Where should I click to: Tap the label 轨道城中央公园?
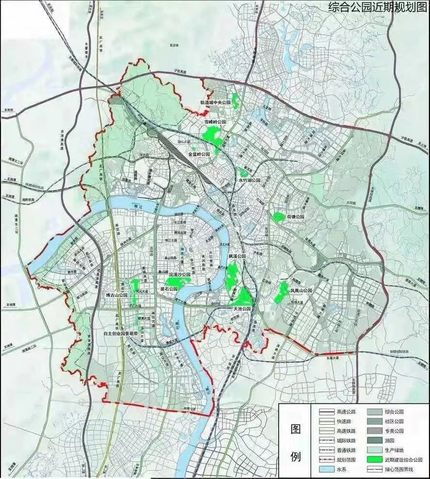click(218, 103)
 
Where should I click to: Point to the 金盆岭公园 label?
click(199, 154)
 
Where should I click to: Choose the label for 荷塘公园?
click(295, 216)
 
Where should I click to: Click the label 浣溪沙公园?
click(179, 275)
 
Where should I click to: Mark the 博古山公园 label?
click(116, 295)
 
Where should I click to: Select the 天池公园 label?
click(241, 309)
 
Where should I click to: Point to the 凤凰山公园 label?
click(301, 290)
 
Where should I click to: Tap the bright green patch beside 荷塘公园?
click(279, 217)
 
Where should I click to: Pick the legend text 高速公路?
click(346, 412)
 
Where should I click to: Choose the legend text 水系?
click(341, 469)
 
